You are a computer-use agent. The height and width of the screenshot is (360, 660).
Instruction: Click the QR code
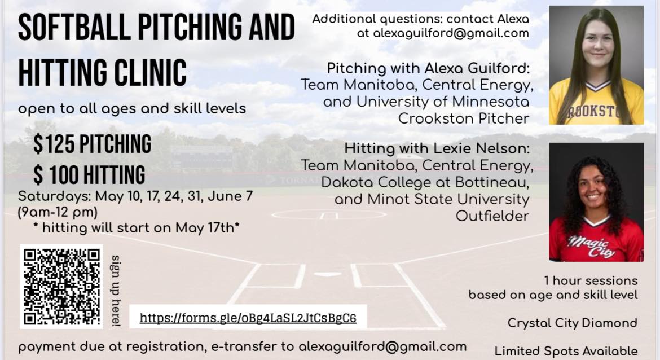(x=61, y=286)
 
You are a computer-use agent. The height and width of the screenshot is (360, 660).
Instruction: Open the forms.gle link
(x=248, y=318)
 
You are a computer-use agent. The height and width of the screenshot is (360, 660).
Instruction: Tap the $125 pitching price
(x=93, y=144)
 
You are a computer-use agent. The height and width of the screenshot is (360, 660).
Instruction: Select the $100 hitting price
(x=89, y=175)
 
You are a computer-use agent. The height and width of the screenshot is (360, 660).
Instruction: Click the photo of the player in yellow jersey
(x=596, y=65)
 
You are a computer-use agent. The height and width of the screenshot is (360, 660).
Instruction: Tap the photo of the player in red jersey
(x=596, y=202)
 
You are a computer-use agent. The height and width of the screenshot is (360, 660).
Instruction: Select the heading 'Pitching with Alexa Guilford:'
(x=428, y=68)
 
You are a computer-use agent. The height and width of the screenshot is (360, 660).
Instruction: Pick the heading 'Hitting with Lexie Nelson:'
(x=437, y=148)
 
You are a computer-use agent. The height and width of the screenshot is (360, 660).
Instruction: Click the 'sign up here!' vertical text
(x=115, y=291)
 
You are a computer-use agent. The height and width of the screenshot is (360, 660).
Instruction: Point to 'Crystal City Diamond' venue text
(x=573, y=323)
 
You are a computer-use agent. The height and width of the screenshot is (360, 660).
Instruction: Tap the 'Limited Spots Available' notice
(x=566, y=351)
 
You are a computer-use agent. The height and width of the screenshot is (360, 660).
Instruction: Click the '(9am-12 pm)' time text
(x=58, y=212)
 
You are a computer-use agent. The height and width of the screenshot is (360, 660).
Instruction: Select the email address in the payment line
(x=382, y=346)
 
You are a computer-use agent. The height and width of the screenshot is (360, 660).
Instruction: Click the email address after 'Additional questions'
(x=451, y=33)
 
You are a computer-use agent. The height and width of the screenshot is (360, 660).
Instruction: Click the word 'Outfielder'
(x=492, y=216)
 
